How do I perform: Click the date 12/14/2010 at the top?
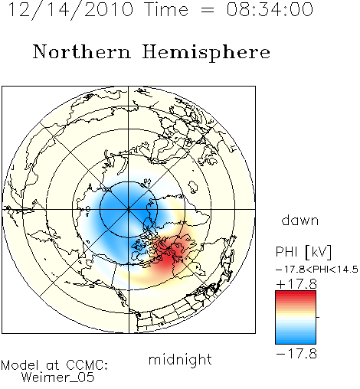tap(70, 10)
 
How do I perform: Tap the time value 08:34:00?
tap(270, 9)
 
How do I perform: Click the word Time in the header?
tap(166, 9)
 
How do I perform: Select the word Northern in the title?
tap(82, 51)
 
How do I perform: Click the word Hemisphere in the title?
tap(206, 53)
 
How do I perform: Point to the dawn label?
tap(300, 220)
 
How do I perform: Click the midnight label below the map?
tap(180, 360)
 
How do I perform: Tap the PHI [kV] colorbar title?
tap(303, 252)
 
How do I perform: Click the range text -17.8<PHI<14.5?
tap(317, 270)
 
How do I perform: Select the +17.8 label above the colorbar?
tap(296, 284)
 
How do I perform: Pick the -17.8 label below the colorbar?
tap(296, 354)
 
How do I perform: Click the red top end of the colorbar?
tap(296, 293)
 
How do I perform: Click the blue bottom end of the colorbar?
tap(296, 342)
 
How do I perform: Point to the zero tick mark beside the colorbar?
tap(318, 317)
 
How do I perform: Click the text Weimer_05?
tap(58, 377)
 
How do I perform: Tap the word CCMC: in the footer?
tap(87, 365)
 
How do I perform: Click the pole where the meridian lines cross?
tap(129, 209)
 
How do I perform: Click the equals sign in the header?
tap(208, 10)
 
